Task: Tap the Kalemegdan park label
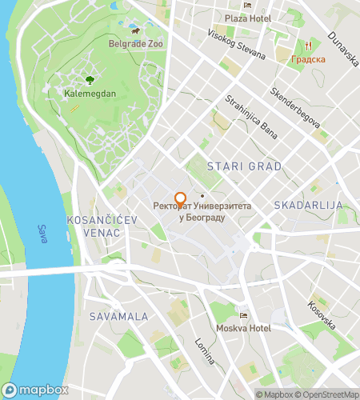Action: pyautogui.click(x=90, y=93)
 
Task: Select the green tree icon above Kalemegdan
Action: pyautogui.click(x=90, y=80)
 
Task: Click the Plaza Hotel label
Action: pyautogui.click(x=247, y=18)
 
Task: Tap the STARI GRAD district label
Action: pyautogui.click(x=244, y=166)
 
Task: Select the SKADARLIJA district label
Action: pyautogui.click(x=308, y=206)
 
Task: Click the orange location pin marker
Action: pyautogui.click(x=180, y=199)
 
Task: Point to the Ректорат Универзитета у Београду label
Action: pyautogui.click(x=203, y=211)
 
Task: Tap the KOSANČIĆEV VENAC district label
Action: pyautogui.click(x=94, y=226)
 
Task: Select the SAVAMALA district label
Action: pyautogui.click(x=119, y=317)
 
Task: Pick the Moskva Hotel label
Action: pyautogui.click(x=243, y=329)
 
